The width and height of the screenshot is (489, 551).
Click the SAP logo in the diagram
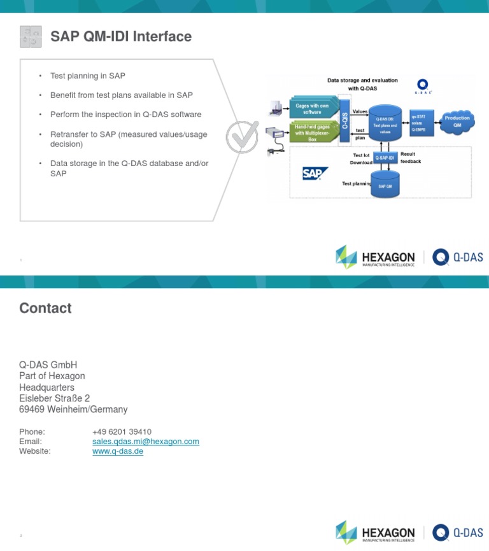315,173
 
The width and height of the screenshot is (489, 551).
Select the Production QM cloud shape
457,122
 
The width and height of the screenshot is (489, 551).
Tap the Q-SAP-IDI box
385,158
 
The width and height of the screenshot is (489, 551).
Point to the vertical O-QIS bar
345,120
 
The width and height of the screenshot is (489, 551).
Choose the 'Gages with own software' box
313,109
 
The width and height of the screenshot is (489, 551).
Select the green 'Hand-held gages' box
313,132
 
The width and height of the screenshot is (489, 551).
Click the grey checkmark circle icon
242,137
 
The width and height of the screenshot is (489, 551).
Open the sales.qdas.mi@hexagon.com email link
146,441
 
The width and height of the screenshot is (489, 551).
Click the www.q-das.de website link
118,451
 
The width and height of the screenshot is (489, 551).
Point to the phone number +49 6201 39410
122,431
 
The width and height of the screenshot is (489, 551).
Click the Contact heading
45,308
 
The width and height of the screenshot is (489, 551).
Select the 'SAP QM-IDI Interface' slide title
121,37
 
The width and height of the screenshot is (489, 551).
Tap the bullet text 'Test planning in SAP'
88,76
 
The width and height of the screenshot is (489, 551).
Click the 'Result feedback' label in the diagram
410,158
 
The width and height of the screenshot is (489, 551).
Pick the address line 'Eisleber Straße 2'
55,398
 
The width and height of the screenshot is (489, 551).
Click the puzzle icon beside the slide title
31,37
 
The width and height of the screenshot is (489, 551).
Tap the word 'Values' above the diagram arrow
360,111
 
